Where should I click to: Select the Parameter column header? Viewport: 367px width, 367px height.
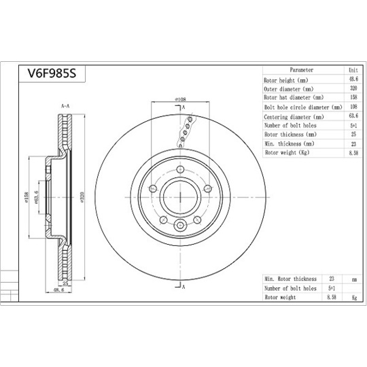point(301,70)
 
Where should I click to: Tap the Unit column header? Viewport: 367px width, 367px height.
point(353,70)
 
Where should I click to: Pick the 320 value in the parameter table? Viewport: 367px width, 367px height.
point(353,89)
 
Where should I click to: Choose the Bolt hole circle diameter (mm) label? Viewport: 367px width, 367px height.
point(302,107)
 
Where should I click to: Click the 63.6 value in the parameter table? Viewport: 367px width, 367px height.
point(353,117)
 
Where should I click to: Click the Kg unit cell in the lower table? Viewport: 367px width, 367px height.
point(353,298)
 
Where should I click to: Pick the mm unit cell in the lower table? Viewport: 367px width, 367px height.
point(353,279)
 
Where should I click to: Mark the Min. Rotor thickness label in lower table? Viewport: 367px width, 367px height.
point(290,279)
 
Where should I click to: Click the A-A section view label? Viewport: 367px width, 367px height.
point(66,107)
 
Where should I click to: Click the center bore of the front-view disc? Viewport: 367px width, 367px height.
point(180,197)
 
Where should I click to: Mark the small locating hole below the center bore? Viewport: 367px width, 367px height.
point(180,227)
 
